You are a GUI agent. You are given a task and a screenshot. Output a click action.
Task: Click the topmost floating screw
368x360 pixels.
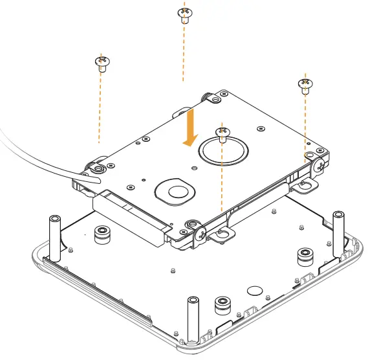tap(184, 14)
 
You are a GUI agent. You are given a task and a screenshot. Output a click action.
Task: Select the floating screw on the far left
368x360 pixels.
tap(102, 63)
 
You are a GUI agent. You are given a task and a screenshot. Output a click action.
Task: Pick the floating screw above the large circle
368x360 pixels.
tap(222, 133)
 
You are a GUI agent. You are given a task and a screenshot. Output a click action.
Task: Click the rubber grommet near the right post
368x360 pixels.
tap(304, 256)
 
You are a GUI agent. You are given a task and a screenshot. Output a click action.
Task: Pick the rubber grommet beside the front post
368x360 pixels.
tap(222, 304)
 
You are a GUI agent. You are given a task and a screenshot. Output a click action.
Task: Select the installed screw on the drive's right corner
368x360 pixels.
tap(320, 164)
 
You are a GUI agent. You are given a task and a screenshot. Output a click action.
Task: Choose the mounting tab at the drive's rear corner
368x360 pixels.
tap(212, 96)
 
